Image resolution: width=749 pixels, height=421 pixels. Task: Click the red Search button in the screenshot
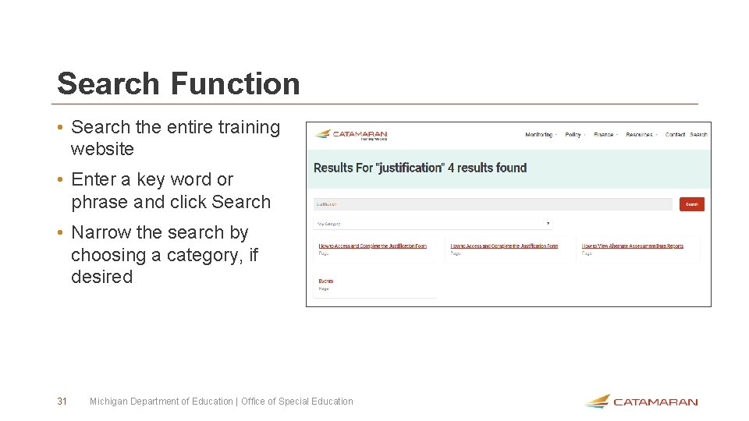click(691, 204)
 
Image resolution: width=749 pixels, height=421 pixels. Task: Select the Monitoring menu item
click(539, 135)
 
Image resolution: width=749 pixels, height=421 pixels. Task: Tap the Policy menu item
click(573, 135)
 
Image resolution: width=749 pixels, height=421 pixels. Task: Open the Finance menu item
click(604, 135)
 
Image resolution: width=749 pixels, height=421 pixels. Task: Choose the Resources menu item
click(639, 135)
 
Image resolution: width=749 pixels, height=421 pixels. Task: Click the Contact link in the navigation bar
click(675, 135)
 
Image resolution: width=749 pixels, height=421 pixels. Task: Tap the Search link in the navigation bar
click(699, 135)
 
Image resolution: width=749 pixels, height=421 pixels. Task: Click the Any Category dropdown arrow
click(548, 224)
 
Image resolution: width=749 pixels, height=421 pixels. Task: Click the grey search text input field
click(492, 204)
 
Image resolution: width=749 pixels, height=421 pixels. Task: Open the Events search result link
click(325, 281)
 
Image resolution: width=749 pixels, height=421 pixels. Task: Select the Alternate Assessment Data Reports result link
click(632, 246)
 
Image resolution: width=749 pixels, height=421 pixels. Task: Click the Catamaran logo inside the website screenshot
click(351, 135)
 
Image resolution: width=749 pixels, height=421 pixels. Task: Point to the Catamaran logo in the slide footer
click(641, 402)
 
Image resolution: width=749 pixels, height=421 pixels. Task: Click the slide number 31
click(62, 402)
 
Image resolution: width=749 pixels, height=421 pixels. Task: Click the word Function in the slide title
click(235, 83)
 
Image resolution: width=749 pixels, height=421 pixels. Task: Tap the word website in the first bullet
click(102, 149)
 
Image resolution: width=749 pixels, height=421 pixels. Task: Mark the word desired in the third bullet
click(102, 277)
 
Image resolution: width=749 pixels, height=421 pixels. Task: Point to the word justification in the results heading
click(410, 168)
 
